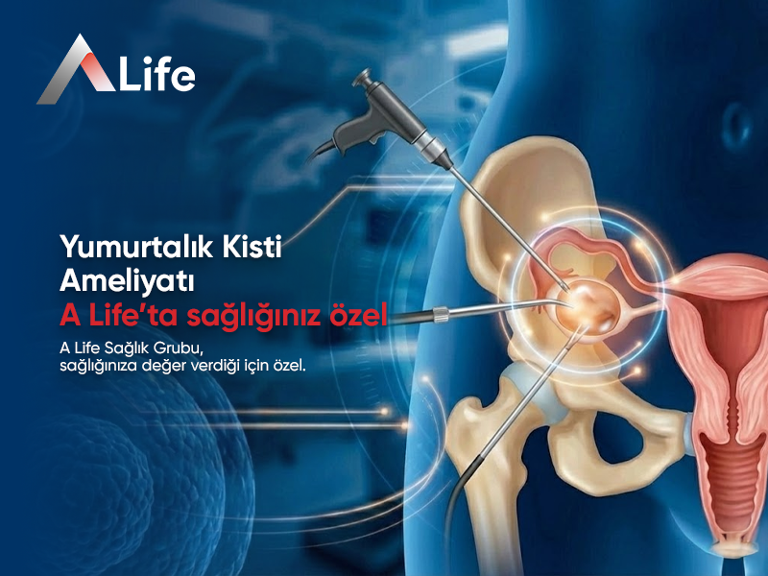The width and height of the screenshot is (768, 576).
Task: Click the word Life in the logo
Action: click(x=156, y=74)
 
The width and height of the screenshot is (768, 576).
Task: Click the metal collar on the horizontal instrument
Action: click(x=443, y=314)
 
